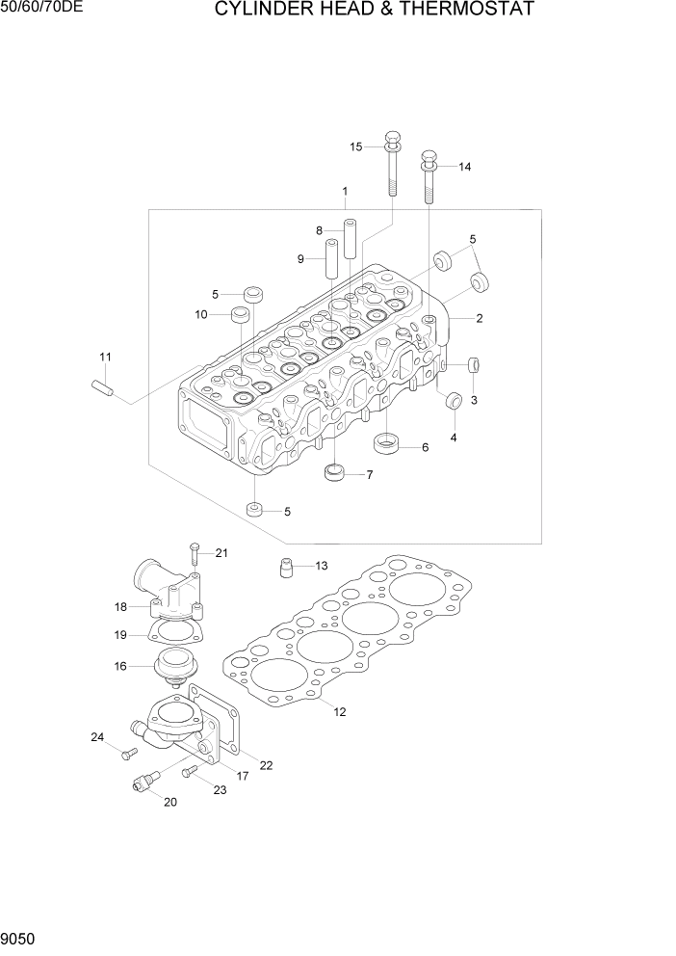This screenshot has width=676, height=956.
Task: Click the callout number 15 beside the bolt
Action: [355, 146]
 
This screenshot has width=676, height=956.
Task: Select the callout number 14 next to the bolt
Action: [464, 167]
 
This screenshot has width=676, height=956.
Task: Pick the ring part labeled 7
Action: [335, 473]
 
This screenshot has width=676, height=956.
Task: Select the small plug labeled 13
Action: [285, 568]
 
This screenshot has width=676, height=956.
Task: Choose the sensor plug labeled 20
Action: [143, 787]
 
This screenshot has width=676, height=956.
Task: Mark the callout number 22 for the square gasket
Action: [266, 766]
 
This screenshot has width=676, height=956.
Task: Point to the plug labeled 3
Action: [473, 365]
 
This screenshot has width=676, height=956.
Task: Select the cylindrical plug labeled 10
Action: [240, 315]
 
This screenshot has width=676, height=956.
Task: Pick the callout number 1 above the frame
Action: [344, 192]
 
